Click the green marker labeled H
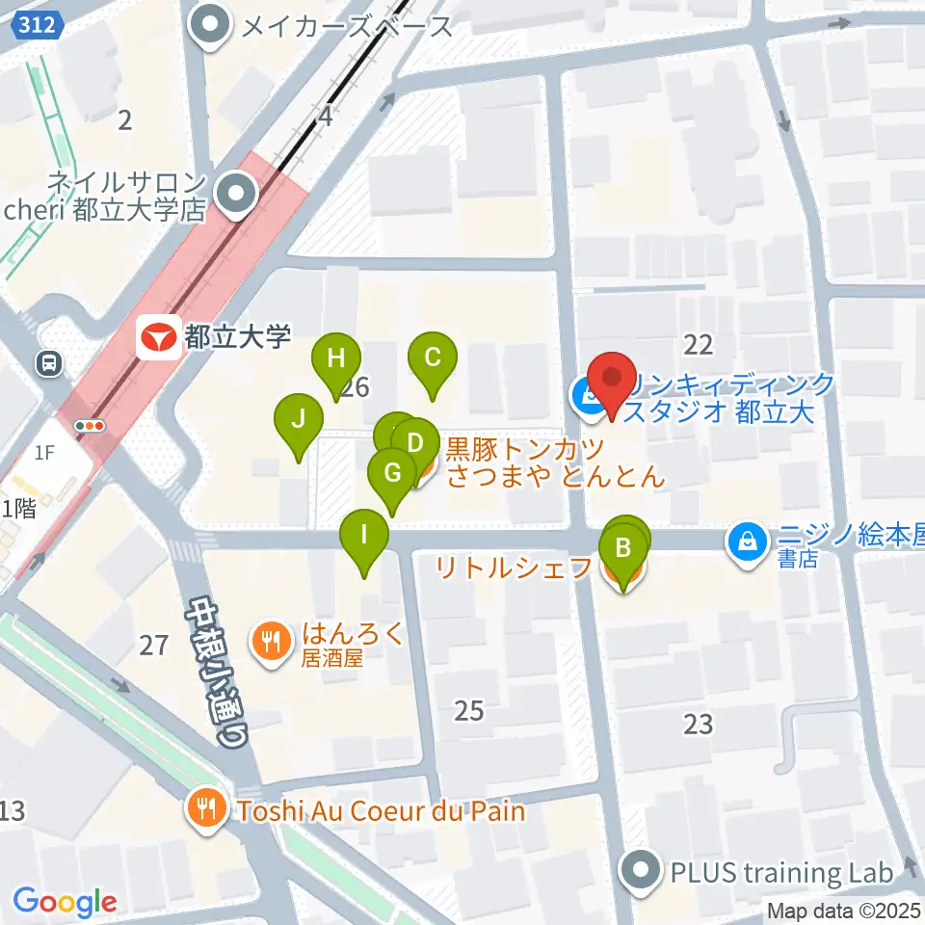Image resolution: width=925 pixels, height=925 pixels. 335,358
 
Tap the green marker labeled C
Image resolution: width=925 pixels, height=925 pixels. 433,358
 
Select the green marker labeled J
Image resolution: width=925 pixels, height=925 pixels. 299,419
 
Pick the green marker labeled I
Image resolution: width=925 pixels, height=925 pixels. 363,534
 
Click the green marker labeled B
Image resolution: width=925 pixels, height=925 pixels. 623,549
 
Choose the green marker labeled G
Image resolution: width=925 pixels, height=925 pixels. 391,473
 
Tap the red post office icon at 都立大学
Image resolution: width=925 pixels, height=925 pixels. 156,336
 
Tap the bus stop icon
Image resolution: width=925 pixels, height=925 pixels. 47,362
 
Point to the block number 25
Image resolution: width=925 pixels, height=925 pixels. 468,711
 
